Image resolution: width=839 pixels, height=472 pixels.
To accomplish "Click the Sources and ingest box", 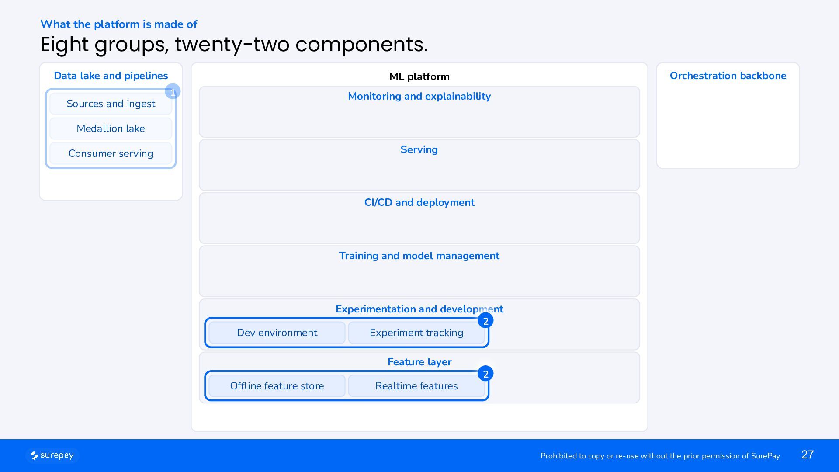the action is [x=111, y=104].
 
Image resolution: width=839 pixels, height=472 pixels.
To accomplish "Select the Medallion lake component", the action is [x=111, y=128].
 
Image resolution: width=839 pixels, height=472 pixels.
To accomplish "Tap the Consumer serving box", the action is [x=111, y=153].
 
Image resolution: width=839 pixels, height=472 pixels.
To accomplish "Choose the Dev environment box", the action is [x=277, y=333].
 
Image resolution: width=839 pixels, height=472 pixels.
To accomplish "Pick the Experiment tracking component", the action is [x=416, y=333].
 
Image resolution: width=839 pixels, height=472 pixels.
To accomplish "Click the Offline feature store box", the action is [x=277, y=386].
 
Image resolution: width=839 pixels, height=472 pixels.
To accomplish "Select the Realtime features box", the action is [x=416, y=386].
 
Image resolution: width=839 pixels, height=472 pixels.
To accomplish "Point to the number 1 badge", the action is [x=173, y=92].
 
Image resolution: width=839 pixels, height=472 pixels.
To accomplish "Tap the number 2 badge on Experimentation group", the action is [x=485, y=321].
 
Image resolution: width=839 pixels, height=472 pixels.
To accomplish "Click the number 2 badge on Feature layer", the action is [x=485, y=374].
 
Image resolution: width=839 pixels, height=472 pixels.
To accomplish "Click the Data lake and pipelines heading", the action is [x=111, y=76].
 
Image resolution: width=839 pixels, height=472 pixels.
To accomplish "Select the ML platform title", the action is [x=419, y=76].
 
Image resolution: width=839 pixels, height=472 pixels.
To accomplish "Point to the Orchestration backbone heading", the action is [x=728, y=76].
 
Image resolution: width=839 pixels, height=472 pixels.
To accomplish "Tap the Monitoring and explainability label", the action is [x=419, y=96].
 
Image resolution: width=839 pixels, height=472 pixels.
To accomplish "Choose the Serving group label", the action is [x=419, y=149].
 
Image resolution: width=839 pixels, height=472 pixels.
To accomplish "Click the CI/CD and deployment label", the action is [x=419, y=202].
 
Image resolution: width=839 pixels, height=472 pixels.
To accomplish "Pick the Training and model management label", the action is [x=419, y=256].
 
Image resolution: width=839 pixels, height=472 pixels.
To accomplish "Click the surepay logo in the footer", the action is [x=52, y=455].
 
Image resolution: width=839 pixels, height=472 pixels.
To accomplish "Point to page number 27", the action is [x=808, y=455].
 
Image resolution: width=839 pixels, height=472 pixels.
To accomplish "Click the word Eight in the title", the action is [x=65, y=45].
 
